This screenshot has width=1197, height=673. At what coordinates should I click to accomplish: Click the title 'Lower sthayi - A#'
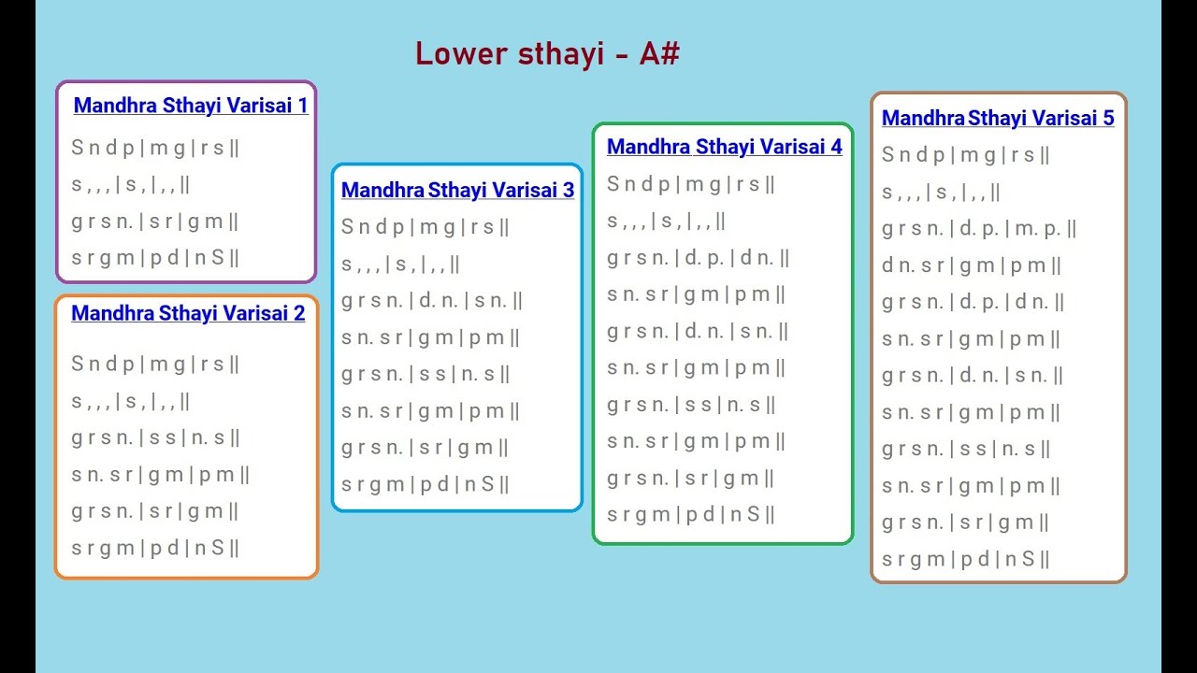pyautogui.click(x=547, y=53)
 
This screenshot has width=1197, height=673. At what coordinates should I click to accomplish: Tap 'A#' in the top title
pyautogui.click(x=659, y=53)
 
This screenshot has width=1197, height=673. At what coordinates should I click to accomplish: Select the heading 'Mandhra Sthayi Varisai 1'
pyautogui.click(x=191, y=106)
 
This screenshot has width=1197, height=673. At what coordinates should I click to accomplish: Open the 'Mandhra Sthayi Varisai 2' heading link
pyautogui.click(x=188, y=313)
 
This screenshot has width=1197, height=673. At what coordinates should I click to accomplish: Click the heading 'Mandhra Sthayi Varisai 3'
pyautogui.click(x=457, y=190)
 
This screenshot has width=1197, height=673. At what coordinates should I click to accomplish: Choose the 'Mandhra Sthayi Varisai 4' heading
pyautogui.click(x=724, y=147)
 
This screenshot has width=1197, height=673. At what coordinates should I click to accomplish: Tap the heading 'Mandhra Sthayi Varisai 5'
pyautogui.click(x=998, y=118)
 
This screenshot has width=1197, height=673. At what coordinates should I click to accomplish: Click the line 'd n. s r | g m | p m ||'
pyautogui.click(x=972, y=265)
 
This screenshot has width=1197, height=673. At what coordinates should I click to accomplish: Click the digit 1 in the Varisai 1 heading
pyautogui.click(x=302, y=106)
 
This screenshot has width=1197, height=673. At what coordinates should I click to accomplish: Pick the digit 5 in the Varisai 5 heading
pyautogui.click(x=1108, y=118)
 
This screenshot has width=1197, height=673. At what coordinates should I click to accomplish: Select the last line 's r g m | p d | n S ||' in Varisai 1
pyautogui.click(x=155, y=258)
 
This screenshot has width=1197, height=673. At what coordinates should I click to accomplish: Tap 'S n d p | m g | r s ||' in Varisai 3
pyautogui.click(x=425, y=227)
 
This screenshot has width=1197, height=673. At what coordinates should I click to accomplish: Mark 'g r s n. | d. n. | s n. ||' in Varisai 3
pyautogui.click(x=432, y=301)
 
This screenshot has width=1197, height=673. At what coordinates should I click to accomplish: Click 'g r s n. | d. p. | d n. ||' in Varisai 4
pyautogui.click(x=699, y=258)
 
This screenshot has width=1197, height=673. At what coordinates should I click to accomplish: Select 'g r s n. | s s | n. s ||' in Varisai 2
pyautogui.click(x=156, y=437)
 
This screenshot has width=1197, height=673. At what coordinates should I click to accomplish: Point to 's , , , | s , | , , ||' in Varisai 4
pyautogui.click(x=667, y=222)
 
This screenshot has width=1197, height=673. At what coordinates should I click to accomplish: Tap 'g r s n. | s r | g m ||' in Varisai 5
pyautogui.click(x=965, y=523)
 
